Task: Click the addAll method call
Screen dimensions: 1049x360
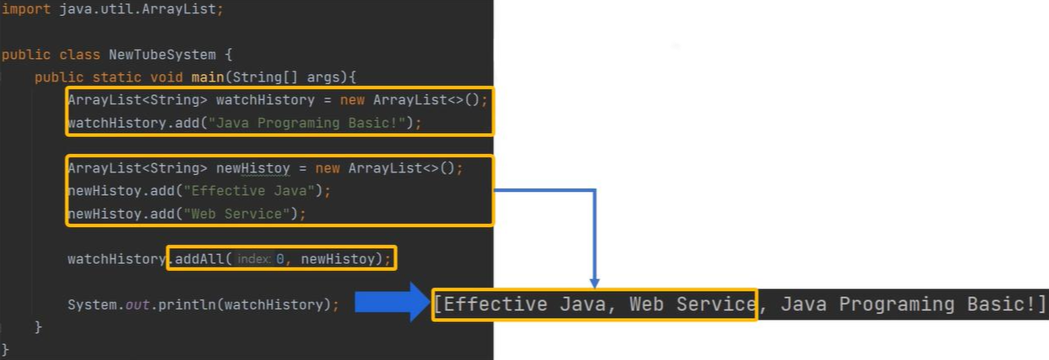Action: [x=199, y=259]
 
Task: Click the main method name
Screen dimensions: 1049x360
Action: [x=208, y=77]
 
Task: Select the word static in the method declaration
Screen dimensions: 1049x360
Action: [x=117, y=77]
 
